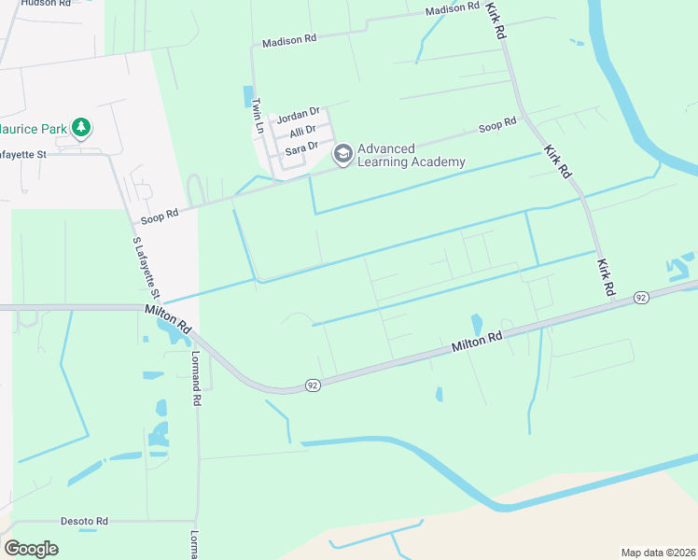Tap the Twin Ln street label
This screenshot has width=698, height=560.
click(258, 119)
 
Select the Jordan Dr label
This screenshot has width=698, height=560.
click(298, 116)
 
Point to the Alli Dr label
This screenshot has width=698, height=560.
click(303, 132)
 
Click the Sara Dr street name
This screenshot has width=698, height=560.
click(302, 147)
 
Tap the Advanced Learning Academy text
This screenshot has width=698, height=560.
click(411, 155)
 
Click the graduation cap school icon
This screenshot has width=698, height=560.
click(342, 154)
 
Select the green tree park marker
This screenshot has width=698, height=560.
click(81, 126)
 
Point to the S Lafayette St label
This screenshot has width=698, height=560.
click(147, 269)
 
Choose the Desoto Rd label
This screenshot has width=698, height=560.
click(84, 521)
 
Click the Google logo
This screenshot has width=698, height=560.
click(31, 548)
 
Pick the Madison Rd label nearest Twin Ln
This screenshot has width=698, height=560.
click(289, 41)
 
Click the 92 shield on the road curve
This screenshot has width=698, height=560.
click(314, 385)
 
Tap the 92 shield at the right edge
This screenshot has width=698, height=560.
click(640, 297)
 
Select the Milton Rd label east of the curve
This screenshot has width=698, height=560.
click(477, 341)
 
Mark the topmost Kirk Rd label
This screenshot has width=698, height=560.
click(495, 19)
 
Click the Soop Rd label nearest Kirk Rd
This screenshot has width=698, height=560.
click(497, 125)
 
